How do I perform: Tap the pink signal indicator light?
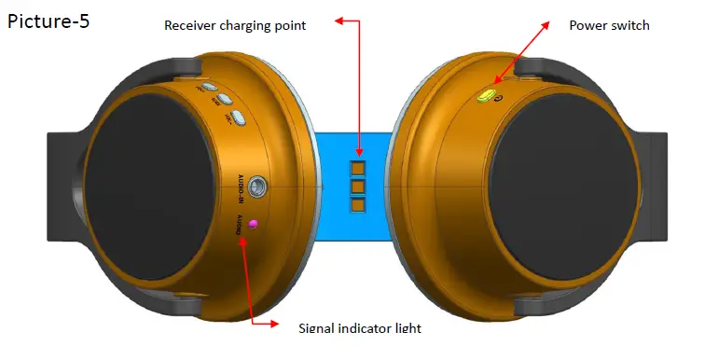(x=254, y=224)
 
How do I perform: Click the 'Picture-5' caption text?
(x=49, y=21)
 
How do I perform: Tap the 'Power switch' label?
(x=609, y=25)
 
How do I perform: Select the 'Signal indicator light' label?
(x=359, y=327)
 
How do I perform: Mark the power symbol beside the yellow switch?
(x=500, y=97)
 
